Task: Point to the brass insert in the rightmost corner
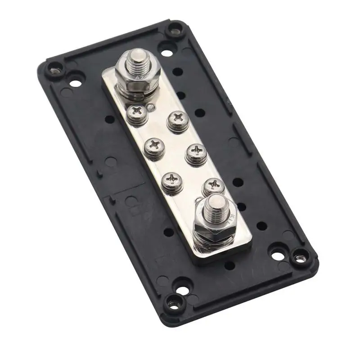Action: pos(298,258)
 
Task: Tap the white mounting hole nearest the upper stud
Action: pos(166,53)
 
